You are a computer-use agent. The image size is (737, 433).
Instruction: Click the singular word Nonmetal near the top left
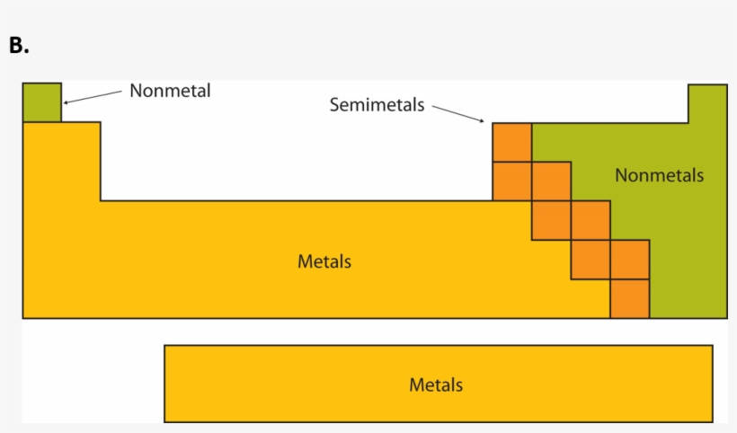[170, 91]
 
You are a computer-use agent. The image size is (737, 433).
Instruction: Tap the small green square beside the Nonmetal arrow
[41, 102]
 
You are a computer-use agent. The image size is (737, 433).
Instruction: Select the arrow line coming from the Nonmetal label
[94, 96]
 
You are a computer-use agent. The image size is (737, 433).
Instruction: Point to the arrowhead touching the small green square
[66, 102]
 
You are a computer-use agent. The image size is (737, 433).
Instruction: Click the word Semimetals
[377, 105]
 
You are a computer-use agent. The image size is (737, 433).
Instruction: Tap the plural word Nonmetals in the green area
[659, 175]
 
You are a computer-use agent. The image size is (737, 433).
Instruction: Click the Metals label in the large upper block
[324, 262]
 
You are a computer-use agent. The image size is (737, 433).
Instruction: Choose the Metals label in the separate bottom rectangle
[436, 384]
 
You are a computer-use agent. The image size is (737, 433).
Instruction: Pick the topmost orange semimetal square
[511, 142]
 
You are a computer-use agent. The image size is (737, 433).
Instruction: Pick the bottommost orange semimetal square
[629, 298]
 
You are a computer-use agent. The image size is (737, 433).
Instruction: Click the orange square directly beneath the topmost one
[511, 181]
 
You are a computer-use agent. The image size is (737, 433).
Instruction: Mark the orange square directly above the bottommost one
[629, 260]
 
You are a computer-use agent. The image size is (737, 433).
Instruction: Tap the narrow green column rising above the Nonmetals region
[707, 103]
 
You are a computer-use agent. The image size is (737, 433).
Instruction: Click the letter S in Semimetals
[334, 105]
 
